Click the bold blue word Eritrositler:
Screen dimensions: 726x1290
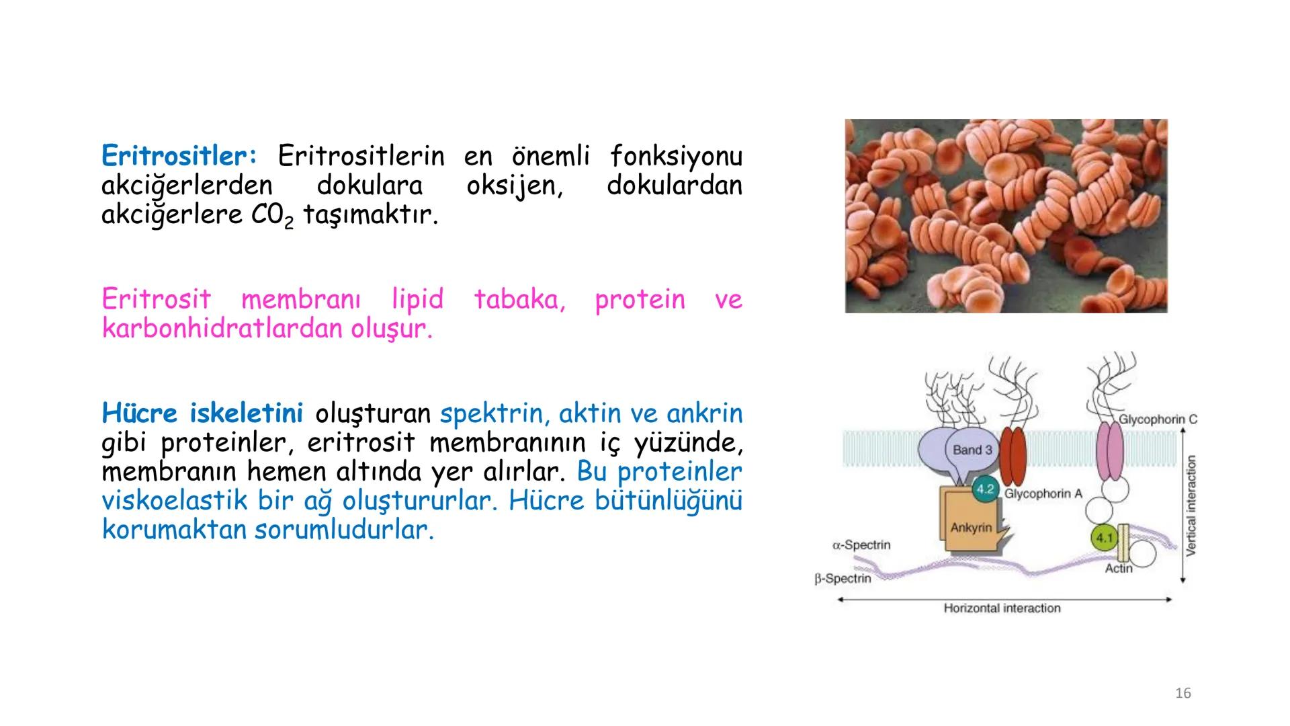point(179,157)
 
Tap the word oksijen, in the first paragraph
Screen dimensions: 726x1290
point(515,186)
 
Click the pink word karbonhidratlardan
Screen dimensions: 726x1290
point(224,329)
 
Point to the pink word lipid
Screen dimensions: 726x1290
point(417,299)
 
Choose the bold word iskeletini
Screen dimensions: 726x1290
point(246,413)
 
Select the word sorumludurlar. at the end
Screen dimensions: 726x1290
point(344,530)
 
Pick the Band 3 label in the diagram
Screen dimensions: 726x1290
point(972,450)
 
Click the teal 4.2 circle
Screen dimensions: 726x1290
point(985,489)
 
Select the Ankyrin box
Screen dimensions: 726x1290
point(971,528)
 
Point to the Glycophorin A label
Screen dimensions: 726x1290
point(1043,494)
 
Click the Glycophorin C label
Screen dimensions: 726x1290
point(1157,419)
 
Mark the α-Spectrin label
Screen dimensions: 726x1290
point(861,545)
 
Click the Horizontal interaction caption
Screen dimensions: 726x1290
point(1002,608)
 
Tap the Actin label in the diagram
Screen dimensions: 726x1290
point(1119,569)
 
